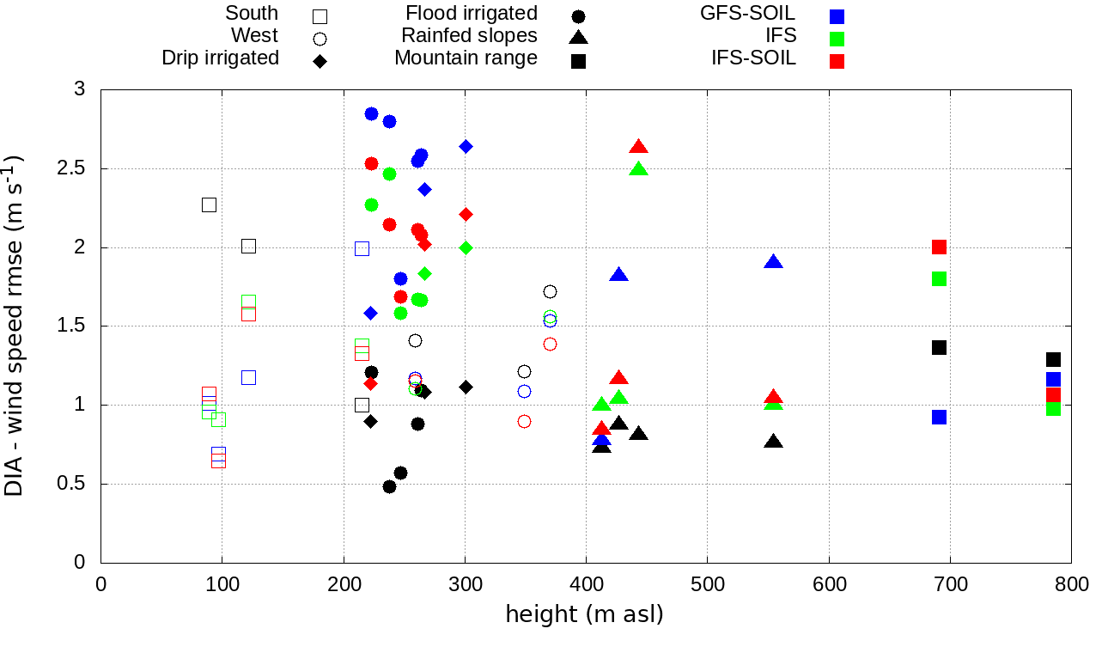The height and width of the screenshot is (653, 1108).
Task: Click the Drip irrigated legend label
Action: pos(220,58)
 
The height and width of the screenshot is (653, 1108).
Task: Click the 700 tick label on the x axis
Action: pos(950,585)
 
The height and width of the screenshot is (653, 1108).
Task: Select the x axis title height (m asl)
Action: pos(584,615)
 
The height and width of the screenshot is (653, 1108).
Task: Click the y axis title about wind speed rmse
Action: pos(15,326)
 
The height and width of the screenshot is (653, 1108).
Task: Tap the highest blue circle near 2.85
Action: pos(371,114)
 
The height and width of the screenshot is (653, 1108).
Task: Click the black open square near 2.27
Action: pos(209,204)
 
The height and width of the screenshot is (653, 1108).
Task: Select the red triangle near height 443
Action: pos(638,148)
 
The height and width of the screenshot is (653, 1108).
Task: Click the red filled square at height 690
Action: pos(939,247)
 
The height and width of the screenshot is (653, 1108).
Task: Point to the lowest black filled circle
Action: pos(389,486)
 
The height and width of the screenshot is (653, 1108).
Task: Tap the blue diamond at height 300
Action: pos(466,146)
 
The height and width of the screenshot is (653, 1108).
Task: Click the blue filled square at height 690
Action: pos(939,417)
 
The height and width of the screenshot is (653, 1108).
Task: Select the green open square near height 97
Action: pos(218,419)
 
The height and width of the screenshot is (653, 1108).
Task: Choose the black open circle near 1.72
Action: pos(550,292)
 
